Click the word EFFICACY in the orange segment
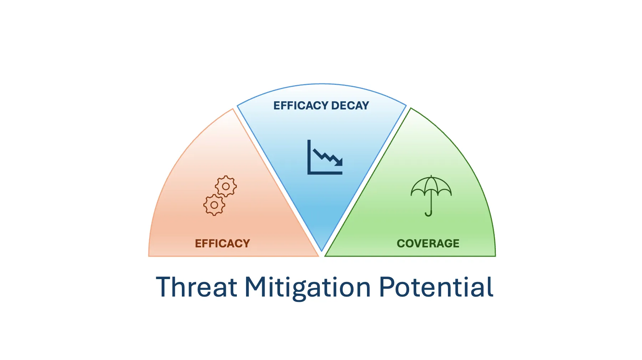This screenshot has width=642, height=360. pos(222,243)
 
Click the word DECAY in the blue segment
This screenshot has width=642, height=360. pos(350,106)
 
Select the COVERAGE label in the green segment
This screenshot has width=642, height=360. pos(428,243)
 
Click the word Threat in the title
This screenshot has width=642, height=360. pos(197,287)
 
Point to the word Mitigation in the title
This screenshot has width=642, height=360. pos(308,287)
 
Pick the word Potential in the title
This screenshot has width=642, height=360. pos(436,287)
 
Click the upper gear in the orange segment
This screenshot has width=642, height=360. pos(226,186)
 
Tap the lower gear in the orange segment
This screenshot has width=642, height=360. pos(214,205)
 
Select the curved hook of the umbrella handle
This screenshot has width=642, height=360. pos(428,214)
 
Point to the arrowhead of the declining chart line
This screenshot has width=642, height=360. pos(339,163)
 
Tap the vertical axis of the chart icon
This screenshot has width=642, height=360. pos(309,157)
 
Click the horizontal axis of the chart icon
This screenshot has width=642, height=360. pos(325,173)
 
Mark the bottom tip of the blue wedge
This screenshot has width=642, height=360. pos(322,251)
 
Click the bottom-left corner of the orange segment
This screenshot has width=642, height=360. pos(149,256)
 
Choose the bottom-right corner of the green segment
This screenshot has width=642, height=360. pos(495,256)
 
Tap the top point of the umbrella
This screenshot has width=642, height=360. pos(431,176)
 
